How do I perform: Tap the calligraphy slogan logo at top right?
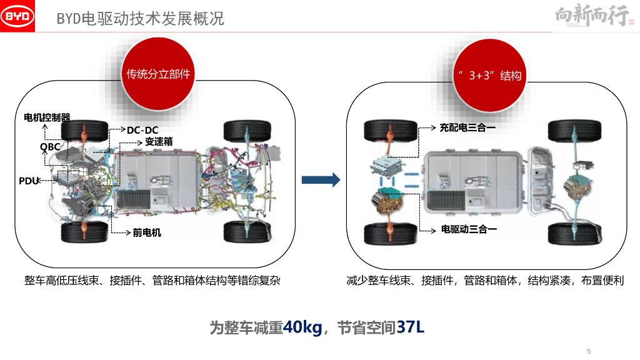[x=591, y=17]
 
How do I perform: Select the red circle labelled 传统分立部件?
[x=157, y=74]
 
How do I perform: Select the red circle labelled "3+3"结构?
[x=488, y=75]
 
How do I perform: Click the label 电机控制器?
[x=47, y=117]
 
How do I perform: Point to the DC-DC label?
[x=142, y=130]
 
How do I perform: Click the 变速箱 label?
[x=158, y=141]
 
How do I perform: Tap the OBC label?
[x=50, y=147]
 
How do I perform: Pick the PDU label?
[x=29, y=181]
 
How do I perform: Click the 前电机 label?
[x=147, y=232]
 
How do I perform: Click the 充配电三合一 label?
[x=467, y=127]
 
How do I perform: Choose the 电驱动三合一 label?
[x=469, y=229]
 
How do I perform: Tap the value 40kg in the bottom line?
[x=302, y=327]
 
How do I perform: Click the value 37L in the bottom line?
[x=410, y=327]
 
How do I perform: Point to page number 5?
[x=588, y=351]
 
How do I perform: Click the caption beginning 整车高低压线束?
[x=152, y=280]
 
